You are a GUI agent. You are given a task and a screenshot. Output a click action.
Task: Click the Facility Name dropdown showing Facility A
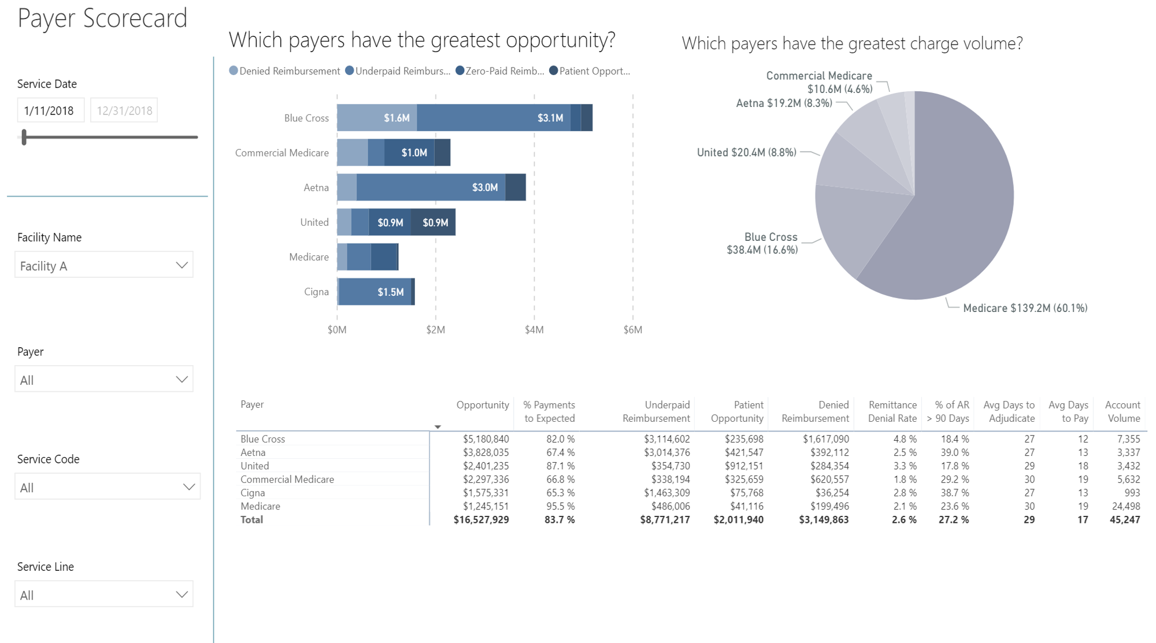pyautogui.click(x=103, y=265)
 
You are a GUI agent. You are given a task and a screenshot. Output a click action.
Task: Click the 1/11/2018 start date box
pyautogui.click(x=50, y=110)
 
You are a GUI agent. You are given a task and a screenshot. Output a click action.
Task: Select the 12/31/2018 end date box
pyautogui.click(x=124, y=110)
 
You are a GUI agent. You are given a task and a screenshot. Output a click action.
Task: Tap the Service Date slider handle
pyautogui.click(x=24, y=137)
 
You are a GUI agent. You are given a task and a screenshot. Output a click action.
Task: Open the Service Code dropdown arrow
pyautogui.click(x=188, y=487)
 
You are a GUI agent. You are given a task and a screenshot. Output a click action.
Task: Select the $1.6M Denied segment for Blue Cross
pyautogui.click(x=377, y=118)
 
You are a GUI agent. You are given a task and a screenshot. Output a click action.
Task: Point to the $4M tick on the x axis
pyautogui.click(x=533, y=330)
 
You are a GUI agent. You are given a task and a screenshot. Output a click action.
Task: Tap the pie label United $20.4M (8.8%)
pyautogui.click(x=746, y=153)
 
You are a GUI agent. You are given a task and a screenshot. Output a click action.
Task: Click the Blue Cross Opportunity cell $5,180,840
pyautogui.click(x=486, y=439)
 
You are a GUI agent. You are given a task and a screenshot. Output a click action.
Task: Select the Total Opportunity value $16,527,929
pyautogui.click(x=481, y=520)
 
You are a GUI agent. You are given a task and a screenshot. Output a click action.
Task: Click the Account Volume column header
pyautogui.click(x=1122, y=411)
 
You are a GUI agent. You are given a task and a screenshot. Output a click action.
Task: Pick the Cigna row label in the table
pyautogui.click(x=253, y=493)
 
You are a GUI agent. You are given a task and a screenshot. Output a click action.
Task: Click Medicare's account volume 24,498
pyautogui.click(x=1125, y=506)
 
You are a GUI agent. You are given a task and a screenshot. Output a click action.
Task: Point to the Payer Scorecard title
pyautogui.click(x=102, y=18)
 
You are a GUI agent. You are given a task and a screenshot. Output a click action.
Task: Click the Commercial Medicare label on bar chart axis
pyautogui.click(x=281, y=153)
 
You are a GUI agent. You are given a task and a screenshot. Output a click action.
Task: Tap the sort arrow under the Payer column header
pyautogui.click(x=438, y=427)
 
